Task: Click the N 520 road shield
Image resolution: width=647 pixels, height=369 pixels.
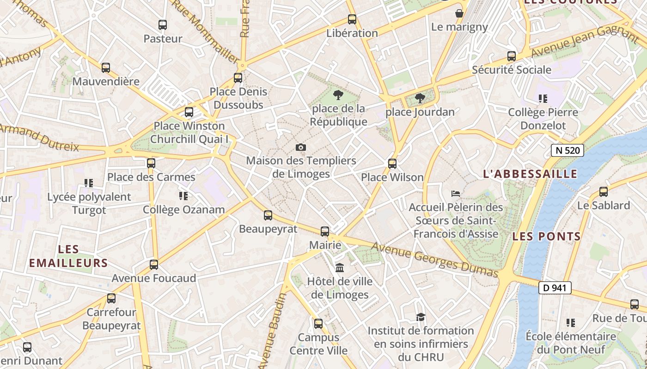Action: [568, 150]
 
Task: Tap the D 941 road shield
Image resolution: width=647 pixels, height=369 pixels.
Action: [555, 288]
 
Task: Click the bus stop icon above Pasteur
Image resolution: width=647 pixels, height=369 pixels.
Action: [162, 25]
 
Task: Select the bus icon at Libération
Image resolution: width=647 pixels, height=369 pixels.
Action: [352, 19]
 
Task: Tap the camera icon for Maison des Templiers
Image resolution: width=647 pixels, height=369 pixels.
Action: [301, 147]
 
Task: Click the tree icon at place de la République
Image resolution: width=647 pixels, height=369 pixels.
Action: [338, 95]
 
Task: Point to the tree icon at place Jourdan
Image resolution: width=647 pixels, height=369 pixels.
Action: [420, 98]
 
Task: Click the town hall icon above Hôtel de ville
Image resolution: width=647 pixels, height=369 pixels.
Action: [340, 268]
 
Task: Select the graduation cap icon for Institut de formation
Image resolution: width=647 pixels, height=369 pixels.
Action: [421, 317]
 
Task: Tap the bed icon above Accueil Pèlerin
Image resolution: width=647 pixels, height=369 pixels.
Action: [456, 194]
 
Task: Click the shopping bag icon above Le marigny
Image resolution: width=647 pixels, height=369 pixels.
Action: [459, 13]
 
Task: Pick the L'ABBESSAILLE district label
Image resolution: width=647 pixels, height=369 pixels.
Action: [530, 174]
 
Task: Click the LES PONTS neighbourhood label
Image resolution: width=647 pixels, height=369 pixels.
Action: [547, 237]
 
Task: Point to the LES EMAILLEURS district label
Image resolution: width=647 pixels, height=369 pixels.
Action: [68, 256]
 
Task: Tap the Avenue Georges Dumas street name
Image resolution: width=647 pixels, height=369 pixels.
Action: [434, 260]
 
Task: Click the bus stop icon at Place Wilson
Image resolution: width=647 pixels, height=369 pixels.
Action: [392, 164]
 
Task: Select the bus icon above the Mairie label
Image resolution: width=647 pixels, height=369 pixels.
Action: [325, 232]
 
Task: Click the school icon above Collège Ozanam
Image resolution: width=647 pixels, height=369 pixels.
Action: [183, 196]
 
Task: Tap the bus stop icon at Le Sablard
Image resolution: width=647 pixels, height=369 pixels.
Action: [604, 192]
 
